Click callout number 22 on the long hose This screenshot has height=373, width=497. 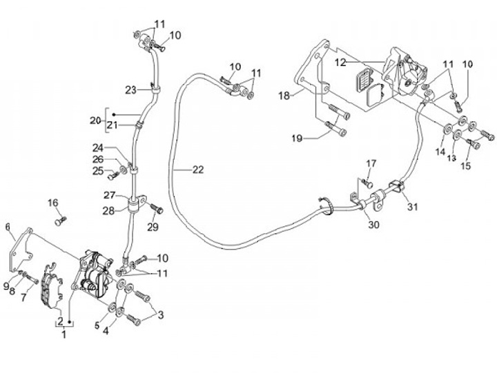(x=198, y=170)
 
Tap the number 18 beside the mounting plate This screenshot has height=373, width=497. (x=284, y=95)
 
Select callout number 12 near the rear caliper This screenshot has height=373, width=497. (x=341, y=63)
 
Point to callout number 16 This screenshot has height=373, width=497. (x=53, y=203)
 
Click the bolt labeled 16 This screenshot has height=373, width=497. (x=61, y=221)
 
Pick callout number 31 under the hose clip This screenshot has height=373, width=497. (x=412, y=207)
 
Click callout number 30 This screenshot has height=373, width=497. (x=373, y=225)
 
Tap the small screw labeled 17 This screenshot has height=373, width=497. (x=367, y=183)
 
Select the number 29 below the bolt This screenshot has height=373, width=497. (x=153, y=227)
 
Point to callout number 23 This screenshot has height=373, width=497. (x=130, y=90)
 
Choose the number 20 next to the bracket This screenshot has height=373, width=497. (x=95, y=121)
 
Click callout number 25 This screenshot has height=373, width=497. (x=98, y=171)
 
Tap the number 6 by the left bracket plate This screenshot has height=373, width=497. (x=8, y=227)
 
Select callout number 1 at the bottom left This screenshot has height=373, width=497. (x=64, y=334)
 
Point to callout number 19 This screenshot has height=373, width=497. (x=297, y=139)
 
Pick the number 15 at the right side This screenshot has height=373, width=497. (x=466, y=165)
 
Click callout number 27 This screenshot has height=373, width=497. (x=110, y=195)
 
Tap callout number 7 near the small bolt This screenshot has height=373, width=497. (x=23, y=298)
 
